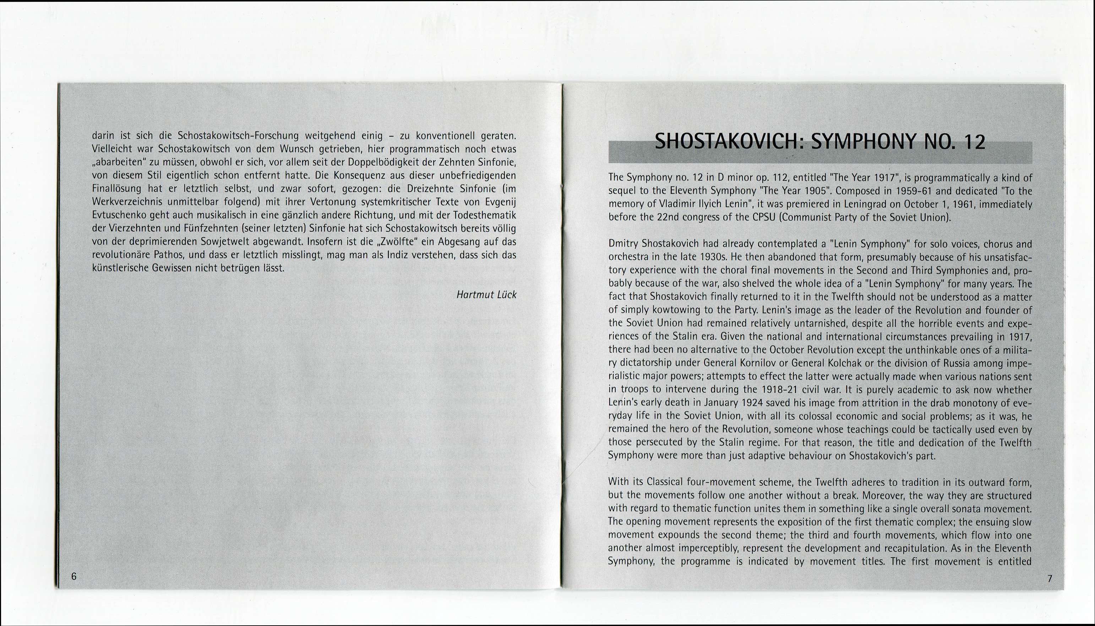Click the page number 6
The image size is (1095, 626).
pyautogui.click(x=74, y=576)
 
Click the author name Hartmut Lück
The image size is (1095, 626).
pyautogui.click(x=486, y=295)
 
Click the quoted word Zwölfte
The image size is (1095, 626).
pyautogui.click(x=393, y=241)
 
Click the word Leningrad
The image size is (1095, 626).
pyautogui.click(x=826, y=204)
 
